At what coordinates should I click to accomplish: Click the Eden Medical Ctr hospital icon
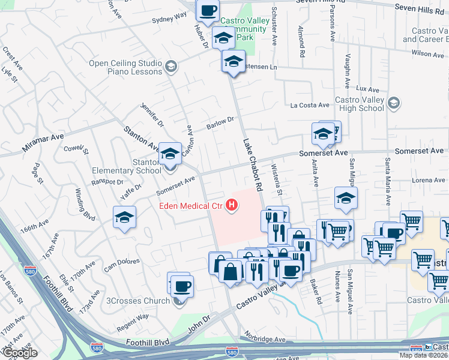click(232, 206)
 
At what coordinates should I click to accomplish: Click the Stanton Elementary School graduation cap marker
click(170, 154)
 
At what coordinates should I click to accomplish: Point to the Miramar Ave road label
click(43, 137)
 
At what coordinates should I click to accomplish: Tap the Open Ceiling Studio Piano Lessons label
click(125, 67)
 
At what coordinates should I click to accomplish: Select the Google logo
click(19, 353)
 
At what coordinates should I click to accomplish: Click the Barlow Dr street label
click(220, 124)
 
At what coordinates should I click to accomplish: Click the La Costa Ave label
click(310, 105)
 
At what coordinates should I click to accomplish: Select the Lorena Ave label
click(429, 180)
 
